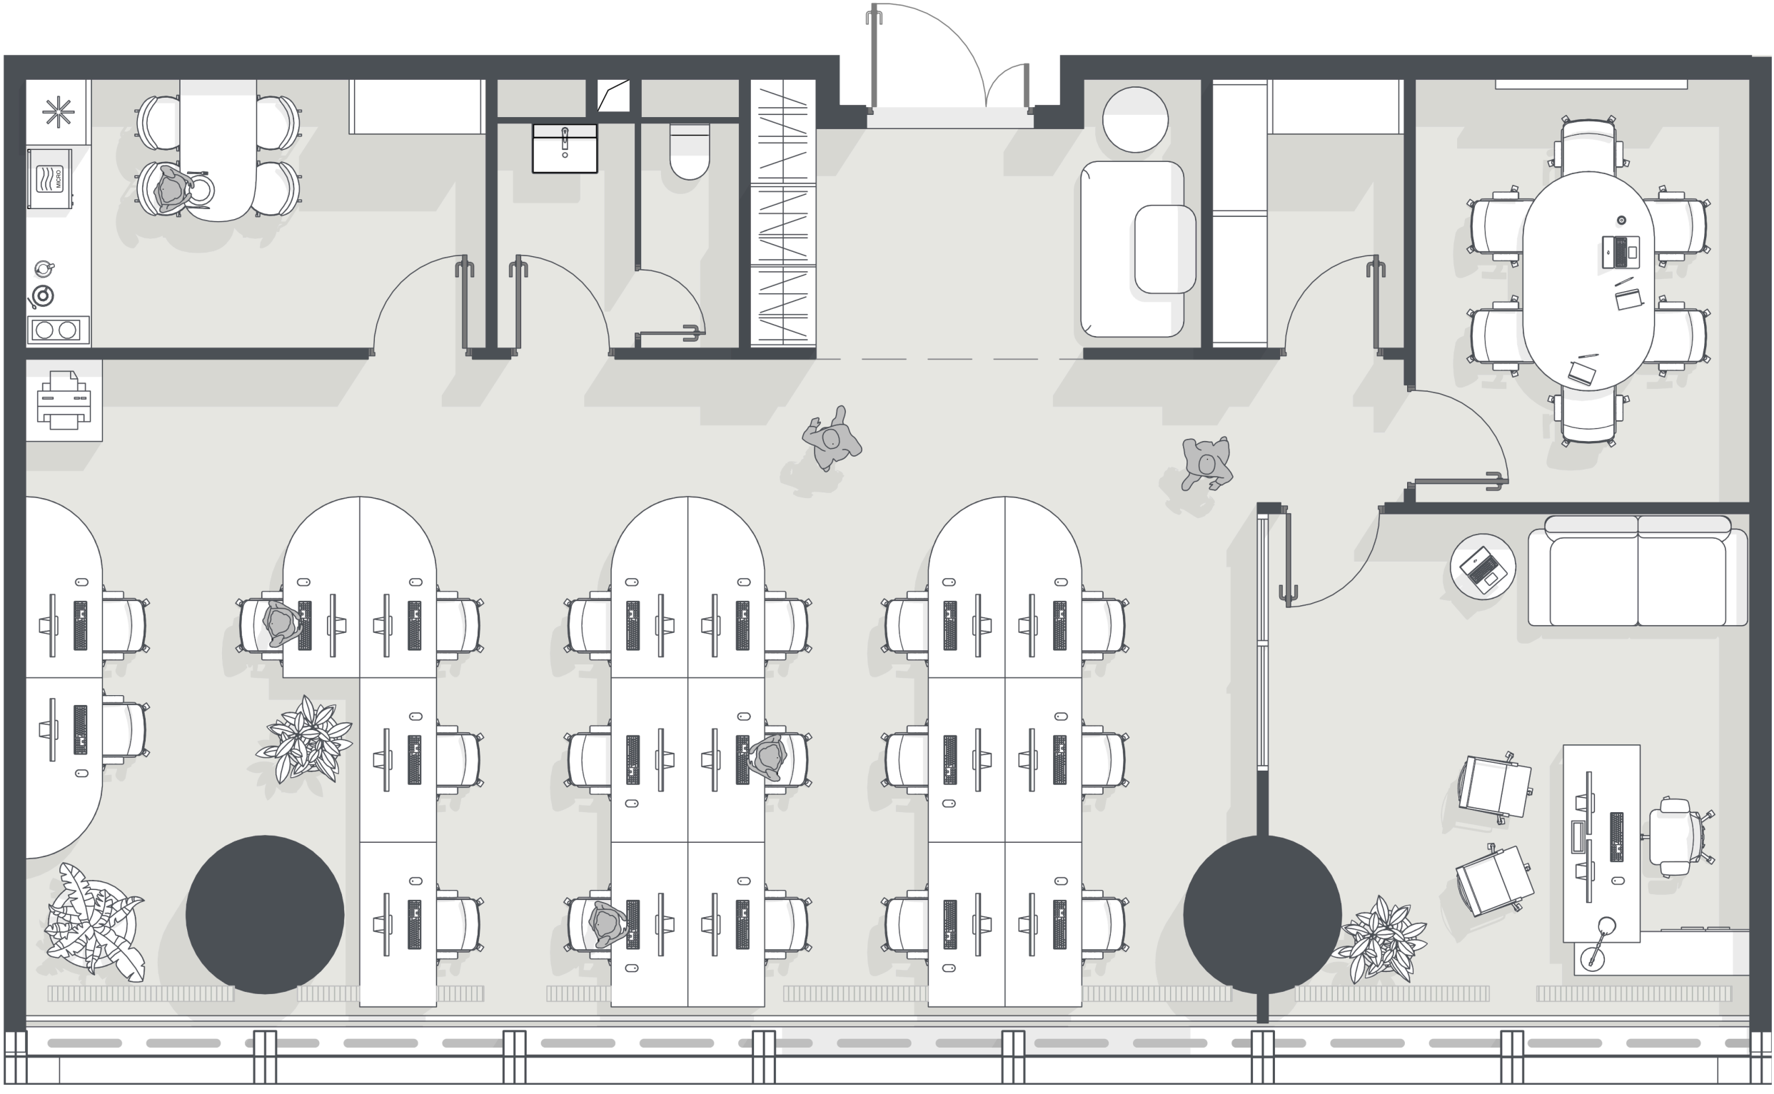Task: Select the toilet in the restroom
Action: point(689,151)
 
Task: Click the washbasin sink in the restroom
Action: point(565,148)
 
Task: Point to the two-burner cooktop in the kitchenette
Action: point(58,330)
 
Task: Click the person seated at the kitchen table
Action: point(172,191)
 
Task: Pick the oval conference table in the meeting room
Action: point(1588,280)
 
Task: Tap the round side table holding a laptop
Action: point(1483,566)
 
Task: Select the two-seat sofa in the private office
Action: point(1637,570)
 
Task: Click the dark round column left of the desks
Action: point(264,915)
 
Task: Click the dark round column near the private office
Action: point(1262,915)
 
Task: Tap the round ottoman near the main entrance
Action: point(1135,119)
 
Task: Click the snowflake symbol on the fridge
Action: point(58,111)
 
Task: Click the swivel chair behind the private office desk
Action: point(1678,837)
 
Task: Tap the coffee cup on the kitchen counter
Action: point(44,268)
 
